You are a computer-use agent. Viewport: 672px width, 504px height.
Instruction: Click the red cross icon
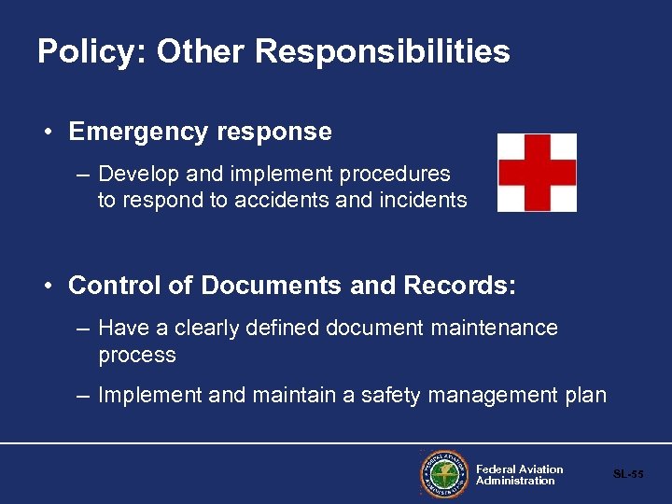pyautogui.click(x=537, y=173)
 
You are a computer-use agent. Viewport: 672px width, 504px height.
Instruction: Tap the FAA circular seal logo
pyautogui.click(x=443, y=474)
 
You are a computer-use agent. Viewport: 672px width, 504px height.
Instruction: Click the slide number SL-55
pyautogui.click(x=628, y=474)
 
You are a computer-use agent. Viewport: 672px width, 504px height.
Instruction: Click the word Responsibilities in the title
pyautogui.click(x=383, y=52)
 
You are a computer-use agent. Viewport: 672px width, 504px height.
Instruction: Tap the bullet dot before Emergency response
pyautogui.click(x=48, y=132)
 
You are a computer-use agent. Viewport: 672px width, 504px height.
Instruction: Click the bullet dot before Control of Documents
pyautogui.click(x=48, y=286)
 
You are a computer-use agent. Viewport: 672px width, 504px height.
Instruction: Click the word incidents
pyautogui.click(x=424, y=200)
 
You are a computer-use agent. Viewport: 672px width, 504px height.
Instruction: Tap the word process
pyautogui.click(x=137, y=356)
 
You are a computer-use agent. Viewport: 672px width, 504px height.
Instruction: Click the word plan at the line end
pyautogui.click(x=584, y=396)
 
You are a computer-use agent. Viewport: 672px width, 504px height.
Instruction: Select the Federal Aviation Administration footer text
pyautogui.click(x=519, y=475)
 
